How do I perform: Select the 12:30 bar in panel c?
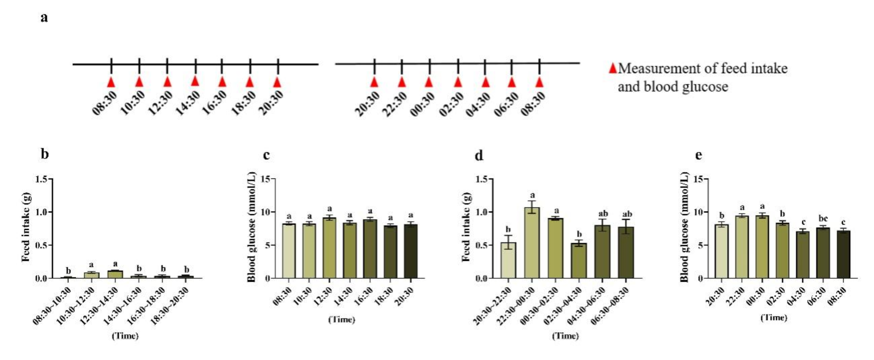click(329, 248)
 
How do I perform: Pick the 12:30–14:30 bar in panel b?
click(115, 274)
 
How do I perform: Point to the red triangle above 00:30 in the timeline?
click(429, 81)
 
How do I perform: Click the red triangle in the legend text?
click(613, 68)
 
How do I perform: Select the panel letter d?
click(479, 155)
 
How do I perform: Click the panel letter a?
click(44, 17)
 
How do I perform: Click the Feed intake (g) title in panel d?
click(466, 226)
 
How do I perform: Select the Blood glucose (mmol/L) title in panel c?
click(251, 226)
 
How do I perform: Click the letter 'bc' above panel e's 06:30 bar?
click(823, 219)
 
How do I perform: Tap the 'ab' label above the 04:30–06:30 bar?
click(603, 214)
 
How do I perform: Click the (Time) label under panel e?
click(774, 317)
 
